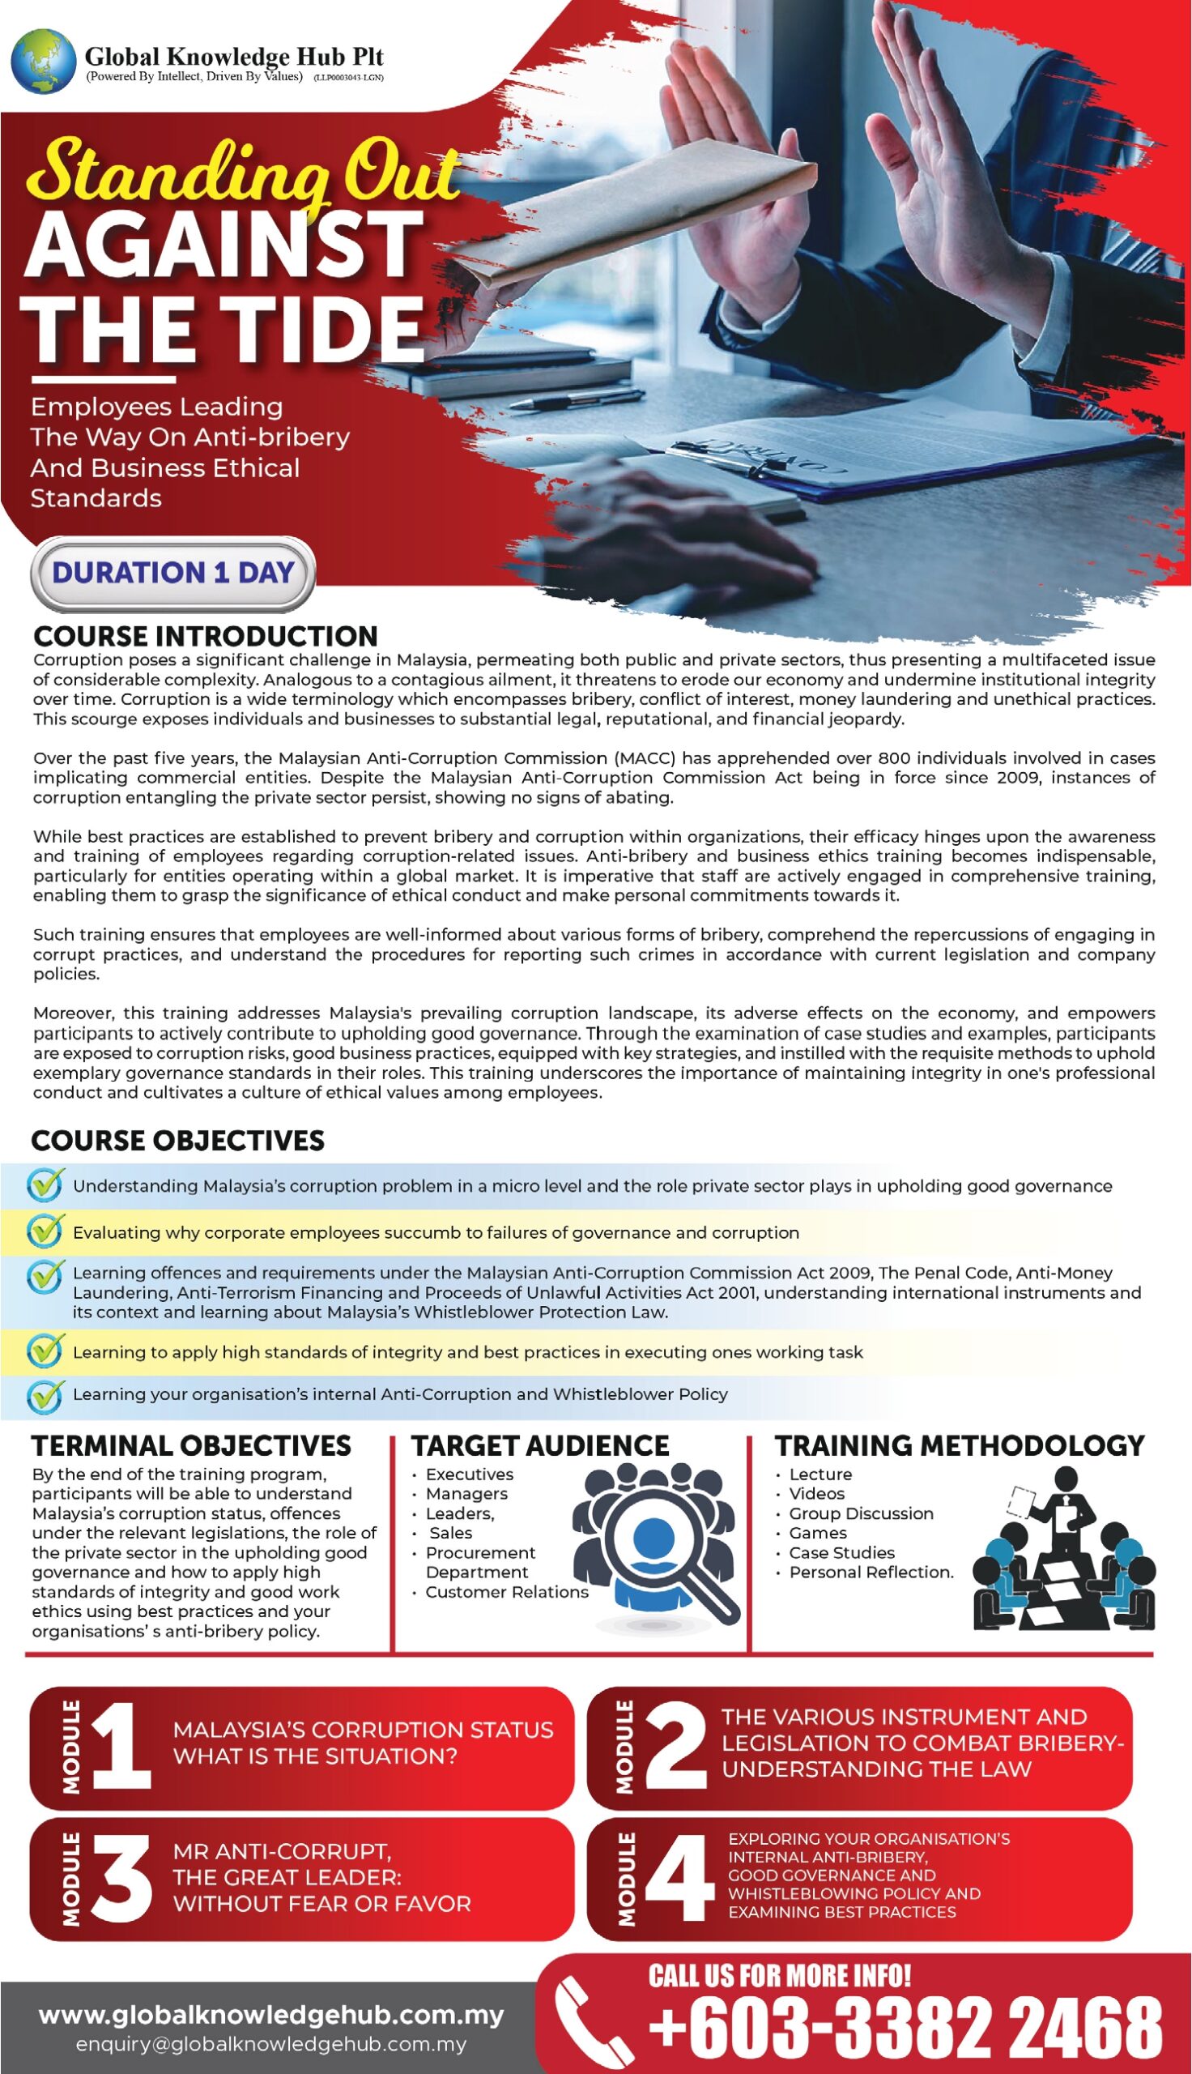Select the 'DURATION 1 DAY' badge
coord(172,571)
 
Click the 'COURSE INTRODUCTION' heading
coord(206,636)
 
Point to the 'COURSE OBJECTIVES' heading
coord(177,1141)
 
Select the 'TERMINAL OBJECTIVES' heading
coord(191,1445)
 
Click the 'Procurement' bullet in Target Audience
coord(479,1552)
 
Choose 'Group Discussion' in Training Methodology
coord(861,1513)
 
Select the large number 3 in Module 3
coord(121,1879)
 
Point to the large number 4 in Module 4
coord(675,1879)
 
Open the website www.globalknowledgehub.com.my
coord(271,2015)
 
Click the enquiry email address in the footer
coord(271,2045)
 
